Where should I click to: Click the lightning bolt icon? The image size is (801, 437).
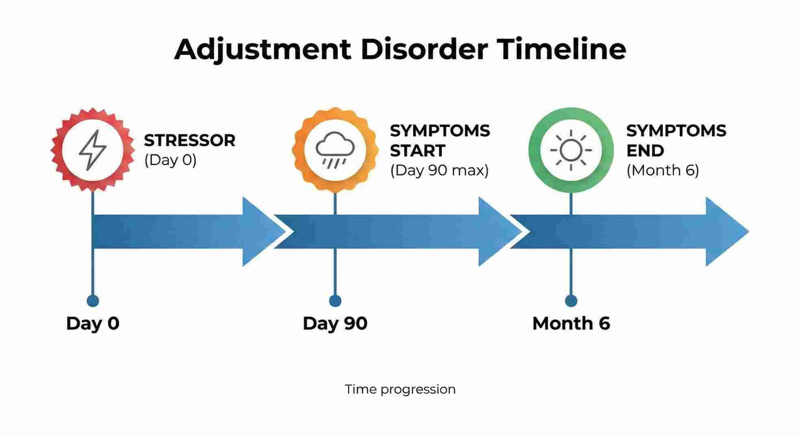pos(93,150)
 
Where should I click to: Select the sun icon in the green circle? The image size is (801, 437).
pos(571,150)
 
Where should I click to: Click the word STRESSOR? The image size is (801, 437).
pos(190,141)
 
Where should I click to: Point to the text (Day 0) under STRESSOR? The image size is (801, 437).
pos(170,160)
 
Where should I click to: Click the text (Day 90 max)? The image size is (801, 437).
pos(439,170)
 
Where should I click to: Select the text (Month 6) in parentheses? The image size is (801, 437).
pos(662,170)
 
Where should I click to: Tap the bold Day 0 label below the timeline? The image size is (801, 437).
pos(93,324)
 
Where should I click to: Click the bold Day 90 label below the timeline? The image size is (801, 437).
pos(335,324)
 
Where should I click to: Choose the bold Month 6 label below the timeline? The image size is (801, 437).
pos(571,324)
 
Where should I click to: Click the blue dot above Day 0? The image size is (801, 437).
pos(93,301)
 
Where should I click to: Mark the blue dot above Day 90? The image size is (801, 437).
pos(335,301)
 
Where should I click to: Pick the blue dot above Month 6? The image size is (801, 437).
pos(571,301)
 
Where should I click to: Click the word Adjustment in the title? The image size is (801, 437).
pos(263,50)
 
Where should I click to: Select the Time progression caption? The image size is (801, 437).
pos(400,389)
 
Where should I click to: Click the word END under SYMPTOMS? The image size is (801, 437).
pos(645,151)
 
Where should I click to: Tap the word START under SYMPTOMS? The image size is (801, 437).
pos(417,151)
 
